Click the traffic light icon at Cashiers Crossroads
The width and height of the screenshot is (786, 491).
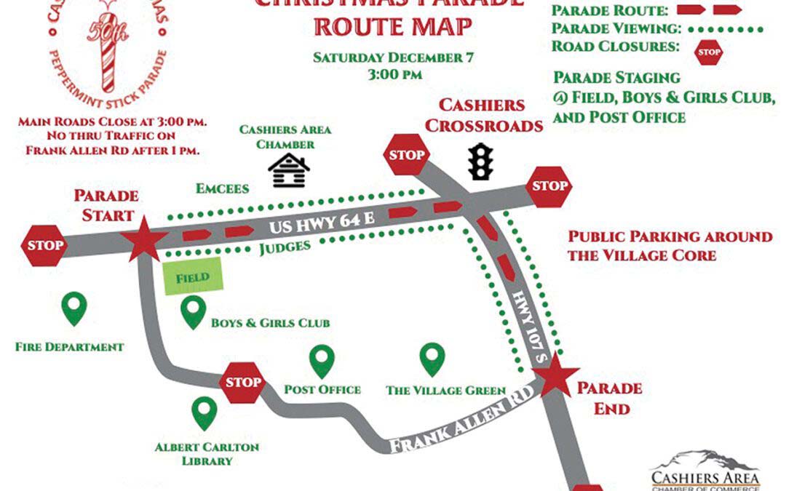click(480, 161)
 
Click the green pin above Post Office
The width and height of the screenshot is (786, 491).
click(322, 362)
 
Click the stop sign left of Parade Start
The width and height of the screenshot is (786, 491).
click(46, 244)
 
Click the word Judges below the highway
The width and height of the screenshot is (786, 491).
click(285, 247)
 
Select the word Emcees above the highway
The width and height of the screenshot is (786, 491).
click(223, 189)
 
